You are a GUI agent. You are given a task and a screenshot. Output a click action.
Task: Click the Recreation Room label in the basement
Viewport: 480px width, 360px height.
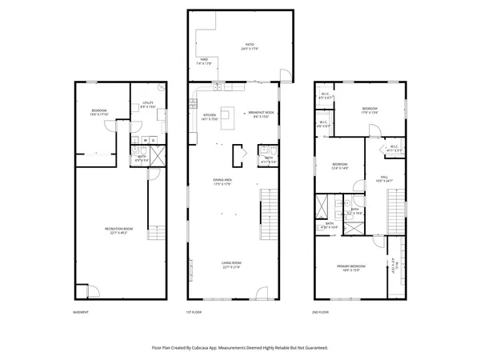click(x=118, y=230)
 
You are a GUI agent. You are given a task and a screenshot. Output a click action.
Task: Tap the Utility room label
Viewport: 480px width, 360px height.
click(x=148, y=104)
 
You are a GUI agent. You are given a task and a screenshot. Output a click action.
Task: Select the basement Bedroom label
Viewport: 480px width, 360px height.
click(x=98, y=112)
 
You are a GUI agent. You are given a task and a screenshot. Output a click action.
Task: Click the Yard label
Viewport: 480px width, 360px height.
click(x=204, y=61)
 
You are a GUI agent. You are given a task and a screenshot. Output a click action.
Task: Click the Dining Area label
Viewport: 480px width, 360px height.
click(x=222, y=182)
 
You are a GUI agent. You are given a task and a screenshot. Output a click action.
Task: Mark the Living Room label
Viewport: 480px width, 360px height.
click(x=231, y=265)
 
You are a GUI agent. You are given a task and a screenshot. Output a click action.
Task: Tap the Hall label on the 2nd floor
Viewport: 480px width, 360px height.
click(x=384, y=178)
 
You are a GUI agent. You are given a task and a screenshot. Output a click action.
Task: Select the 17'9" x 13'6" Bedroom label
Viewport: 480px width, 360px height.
click(x=370, y=110)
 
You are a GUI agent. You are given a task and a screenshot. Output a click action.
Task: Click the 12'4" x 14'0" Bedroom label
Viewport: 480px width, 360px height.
click(x=341, y=167)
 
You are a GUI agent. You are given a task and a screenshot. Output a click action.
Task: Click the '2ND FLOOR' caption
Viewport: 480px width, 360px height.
click(x=321, y=312)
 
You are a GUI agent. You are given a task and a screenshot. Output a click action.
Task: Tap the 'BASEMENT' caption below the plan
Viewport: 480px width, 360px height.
click(x=81, y=312)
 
